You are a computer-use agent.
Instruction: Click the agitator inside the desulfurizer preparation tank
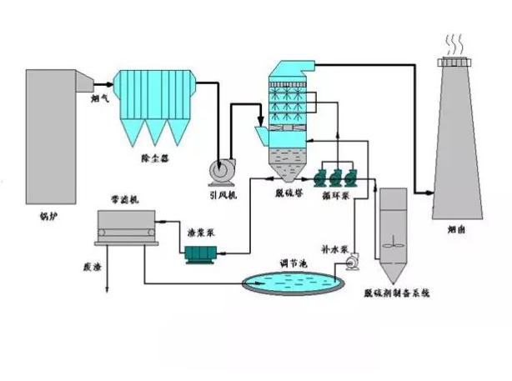pyautogui.click(x=392, y=246)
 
